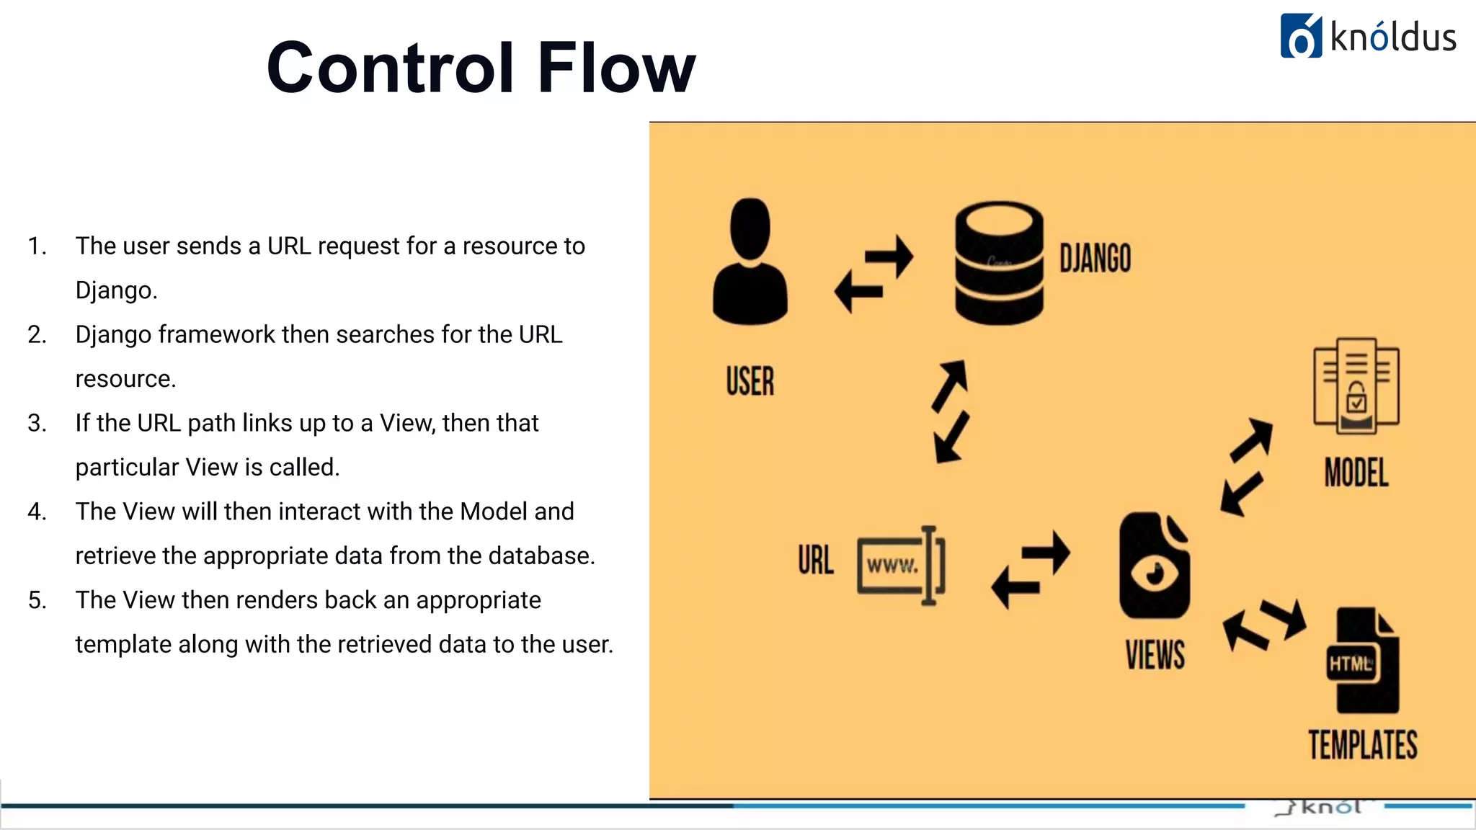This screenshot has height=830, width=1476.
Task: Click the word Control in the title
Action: pyautogui.click(x=390, y=68)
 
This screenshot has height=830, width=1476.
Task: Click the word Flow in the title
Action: pyautogui.click(x=616, y=68)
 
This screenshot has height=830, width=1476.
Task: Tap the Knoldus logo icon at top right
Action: pyautogui.click(x=1301, y=36)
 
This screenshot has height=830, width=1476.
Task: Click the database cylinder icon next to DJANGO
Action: pyautogui.click(x=999, y=262)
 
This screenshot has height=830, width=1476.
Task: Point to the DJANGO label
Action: pyautogui.click(x=1095, y=259)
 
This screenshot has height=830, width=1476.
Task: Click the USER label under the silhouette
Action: pyautogui.click(x=750, y=381)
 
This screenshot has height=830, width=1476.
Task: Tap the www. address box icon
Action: pyautogui.click(x=900, y=566)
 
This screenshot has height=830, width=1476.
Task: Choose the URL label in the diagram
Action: pyautogui.click(x=816, y=561)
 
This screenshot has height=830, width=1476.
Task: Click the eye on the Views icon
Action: pyautogui.click(x=1155, y=574)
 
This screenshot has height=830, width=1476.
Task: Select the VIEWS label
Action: pyautogui.click(x=1155, y=655)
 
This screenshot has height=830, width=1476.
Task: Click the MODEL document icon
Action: pyautogui.click(x=1356, y=386)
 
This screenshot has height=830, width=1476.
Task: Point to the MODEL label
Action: pyautogui.click(x=1356, y=473)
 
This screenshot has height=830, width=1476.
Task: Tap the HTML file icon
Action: pyautogui.click(x=1362, y=661)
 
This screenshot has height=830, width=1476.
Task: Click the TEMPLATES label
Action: pyautogui.click(x=1363, y=745)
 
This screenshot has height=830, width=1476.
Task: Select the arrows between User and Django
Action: pyautogui.click(x=873, y=274)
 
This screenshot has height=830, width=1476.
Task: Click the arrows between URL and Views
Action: pyautogui.click(x=1031, y=570)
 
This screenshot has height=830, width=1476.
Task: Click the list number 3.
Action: pyautogui.click(x=37, y=423)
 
